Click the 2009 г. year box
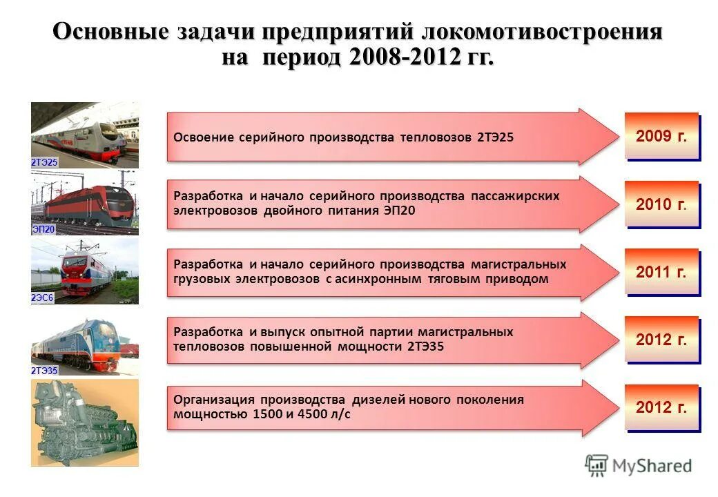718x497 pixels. click(x=661, y=136)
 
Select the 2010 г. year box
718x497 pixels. click(x=661, y=204)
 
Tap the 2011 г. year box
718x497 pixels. click(x=661, y=272)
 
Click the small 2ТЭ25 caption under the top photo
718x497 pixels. click(x=44, y=162)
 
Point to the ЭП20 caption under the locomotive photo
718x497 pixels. click(x=43, y=230)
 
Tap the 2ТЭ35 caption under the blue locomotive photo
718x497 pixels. click(x=44, y=371)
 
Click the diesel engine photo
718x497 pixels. click(x=84, y=422)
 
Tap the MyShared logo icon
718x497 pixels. click(x=596, y=465)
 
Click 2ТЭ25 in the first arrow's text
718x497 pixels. click(x=495, y=137)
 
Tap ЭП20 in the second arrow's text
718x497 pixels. click(x=400, y=211)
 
